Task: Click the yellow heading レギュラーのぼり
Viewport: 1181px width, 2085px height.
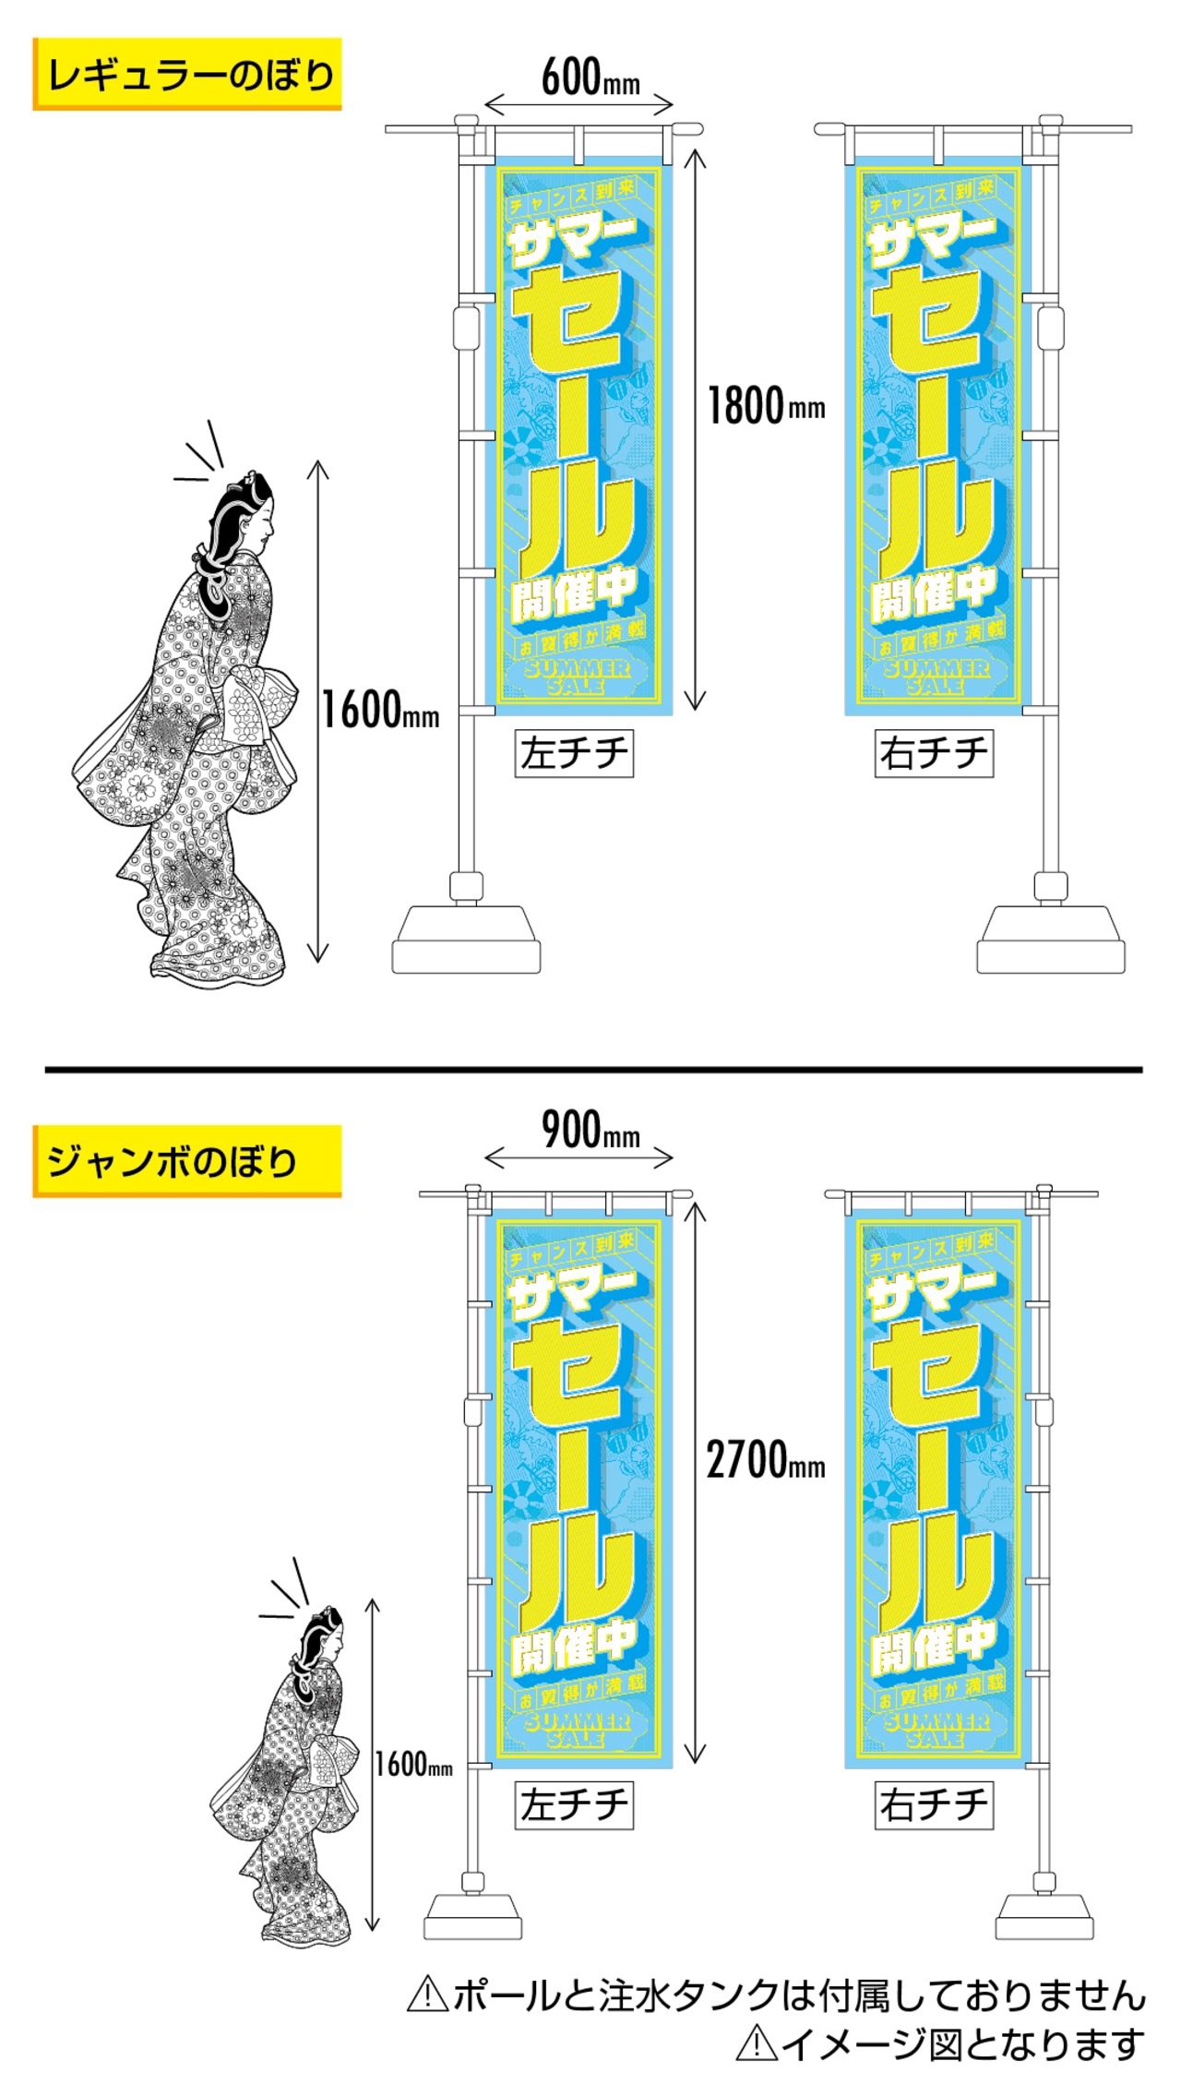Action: point(187,75)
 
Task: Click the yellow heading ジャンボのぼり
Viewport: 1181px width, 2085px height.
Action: point(173,1161)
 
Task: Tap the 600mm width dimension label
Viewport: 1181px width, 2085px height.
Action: point(590,78)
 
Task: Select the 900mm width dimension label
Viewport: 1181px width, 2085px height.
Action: point(590,1130)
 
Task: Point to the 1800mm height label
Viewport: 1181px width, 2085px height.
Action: point(766,406)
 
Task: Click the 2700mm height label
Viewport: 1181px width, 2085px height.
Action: point(766,1460)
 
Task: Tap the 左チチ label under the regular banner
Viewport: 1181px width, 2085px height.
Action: point(574,753)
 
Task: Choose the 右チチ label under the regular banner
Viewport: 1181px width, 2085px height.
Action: point(934,753)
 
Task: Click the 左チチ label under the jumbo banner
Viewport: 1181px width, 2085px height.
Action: point(574,1804)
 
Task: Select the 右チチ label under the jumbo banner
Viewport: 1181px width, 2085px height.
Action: point(934,1804)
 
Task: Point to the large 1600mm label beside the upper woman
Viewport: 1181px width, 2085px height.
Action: point(379,711)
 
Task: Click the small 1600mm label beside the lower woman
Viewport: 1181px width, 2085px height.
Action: point(413,1764)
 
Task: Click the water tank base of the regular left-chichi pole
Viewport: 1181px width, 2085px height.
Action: point(466,941)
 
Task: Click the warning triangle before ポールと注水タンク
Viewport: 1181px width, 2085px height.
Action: point(427,1995)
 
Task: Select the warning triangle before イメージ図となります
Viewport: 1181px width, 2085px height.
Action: point(756,2043)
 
